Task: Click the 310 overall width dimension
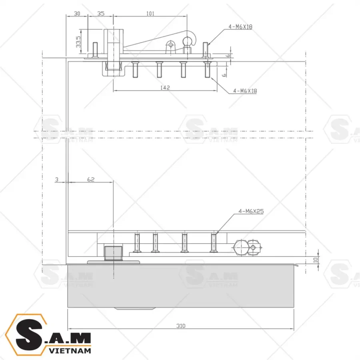[181, 326]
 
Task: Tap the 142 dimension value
[166, 88]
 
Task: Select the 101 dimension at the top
[150, 13]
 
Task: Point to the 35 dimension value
[100, 13]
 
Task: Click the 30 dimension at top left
[77, 13]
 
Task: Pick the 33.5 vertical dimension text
[78, 42]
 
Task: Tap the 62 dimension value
[91, 180]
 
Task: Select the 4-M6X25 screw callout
[251, 211]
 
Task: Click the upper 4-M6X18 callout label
[240, 26]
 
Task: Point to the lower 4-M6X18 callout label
[245, 91]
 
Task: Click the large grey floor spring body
[180, 286]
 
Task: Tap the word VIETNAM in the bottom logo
[69, 350]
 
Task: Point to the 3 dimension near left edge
[56, 180]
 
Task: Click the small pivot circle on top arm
[171, 45]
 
